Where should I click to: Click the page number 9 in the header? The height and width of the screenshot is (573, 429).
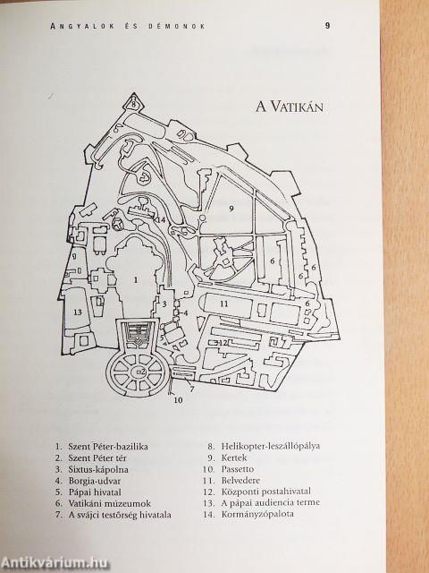click(328, 26)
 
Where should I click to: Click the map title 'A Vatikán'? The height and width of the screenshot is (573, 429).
click(290, 107)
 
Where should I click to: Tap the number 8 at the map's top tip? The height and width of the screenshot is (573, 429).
click(134, 104)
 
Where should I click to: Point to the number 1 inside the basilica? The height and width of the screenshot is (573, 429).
click(136, 280)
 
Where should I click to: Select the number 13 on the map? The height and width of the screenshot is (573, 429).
click(78, 312)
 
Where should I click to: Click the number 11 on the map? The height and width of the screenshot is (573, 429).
click(224, 304)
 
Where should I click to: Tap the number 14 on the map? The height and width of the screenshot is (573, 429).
click(161, 220)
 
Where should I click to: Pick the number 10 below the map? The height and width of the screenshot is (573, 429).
click(178, 400)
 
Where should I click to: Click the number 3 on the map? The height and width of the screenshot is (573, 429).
click(164, 304)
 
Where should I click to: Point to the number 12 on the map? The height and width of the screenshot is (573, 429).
click(223, 342)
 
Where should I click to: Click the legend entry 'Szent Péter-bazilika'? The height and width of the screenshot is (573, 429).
click(108, 446)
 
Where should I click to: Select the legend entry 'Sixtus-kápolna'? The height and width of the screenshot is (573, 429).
click(98, 469)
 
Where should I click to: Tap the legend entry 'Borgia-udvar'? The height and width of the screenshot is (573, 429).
click(94, 481)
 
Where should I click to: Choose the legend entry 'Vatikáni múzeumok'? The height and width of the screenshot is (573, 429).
click(109, 503)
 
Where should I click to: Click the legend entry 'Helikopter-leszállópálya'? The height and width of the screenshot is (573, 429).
click(271, 446)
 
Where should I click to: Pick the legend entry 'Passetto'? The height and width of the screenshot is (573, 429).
click(238, 469)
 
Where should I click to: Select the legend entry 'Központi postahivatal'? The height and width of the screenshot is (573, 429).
click(266, 492)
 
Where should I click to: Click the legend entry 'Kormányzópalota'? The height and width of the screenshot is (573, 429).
click(257, 514)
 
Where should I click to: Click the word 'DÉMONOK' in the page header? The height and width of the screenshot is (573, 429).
click(177, 26)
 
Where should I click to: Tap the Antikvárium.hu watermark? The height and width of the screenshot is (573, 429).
click(55, 562)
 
